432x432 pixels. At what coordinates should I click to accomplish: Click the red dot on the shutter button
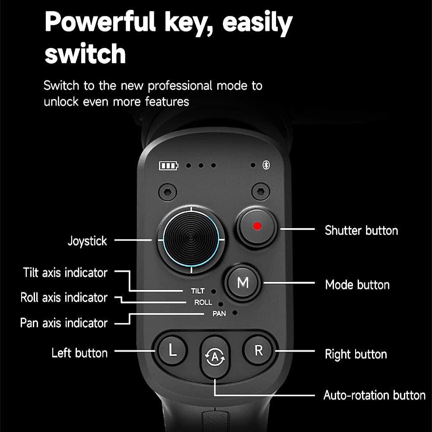(257, 226)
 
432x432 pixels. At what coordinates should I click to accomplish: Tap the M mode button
(243, 283)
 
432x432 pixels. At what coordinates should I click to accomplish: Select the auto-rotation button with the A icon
(215, 357)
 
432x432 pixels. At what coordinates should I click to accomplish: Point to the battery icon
(168, 165)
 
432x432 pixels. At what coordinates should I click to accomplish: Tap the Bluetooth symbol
(266, 165)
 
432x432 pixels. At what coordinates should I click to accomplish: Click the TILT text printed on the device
(197, 291)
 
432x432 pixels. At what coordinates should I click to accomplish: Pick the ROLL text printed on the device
(203, 302)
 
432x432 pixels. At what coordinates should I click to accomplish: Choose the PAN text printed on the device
(219, 314)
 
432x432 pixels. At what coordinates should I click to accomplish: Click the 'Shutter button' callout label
(361, 230)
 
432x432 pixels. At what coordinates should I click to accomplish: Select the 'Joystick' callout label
(87, 241)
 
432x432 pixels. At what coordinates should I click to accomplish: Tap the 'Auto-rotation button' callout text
(375, 395)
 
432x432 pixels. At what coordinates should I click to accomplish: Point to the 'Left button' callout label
(79, 353)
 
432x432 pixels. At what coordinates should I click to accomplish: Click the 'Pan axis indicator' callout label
(64, 323)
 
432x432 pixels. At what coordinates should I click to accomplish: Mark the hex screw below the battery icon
(168, 192)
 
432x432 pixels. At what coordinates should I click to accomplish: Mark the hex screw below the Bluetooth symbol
(260, 191)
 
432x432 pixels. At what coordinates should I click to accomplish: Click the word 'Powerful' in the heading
(100, 22)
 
